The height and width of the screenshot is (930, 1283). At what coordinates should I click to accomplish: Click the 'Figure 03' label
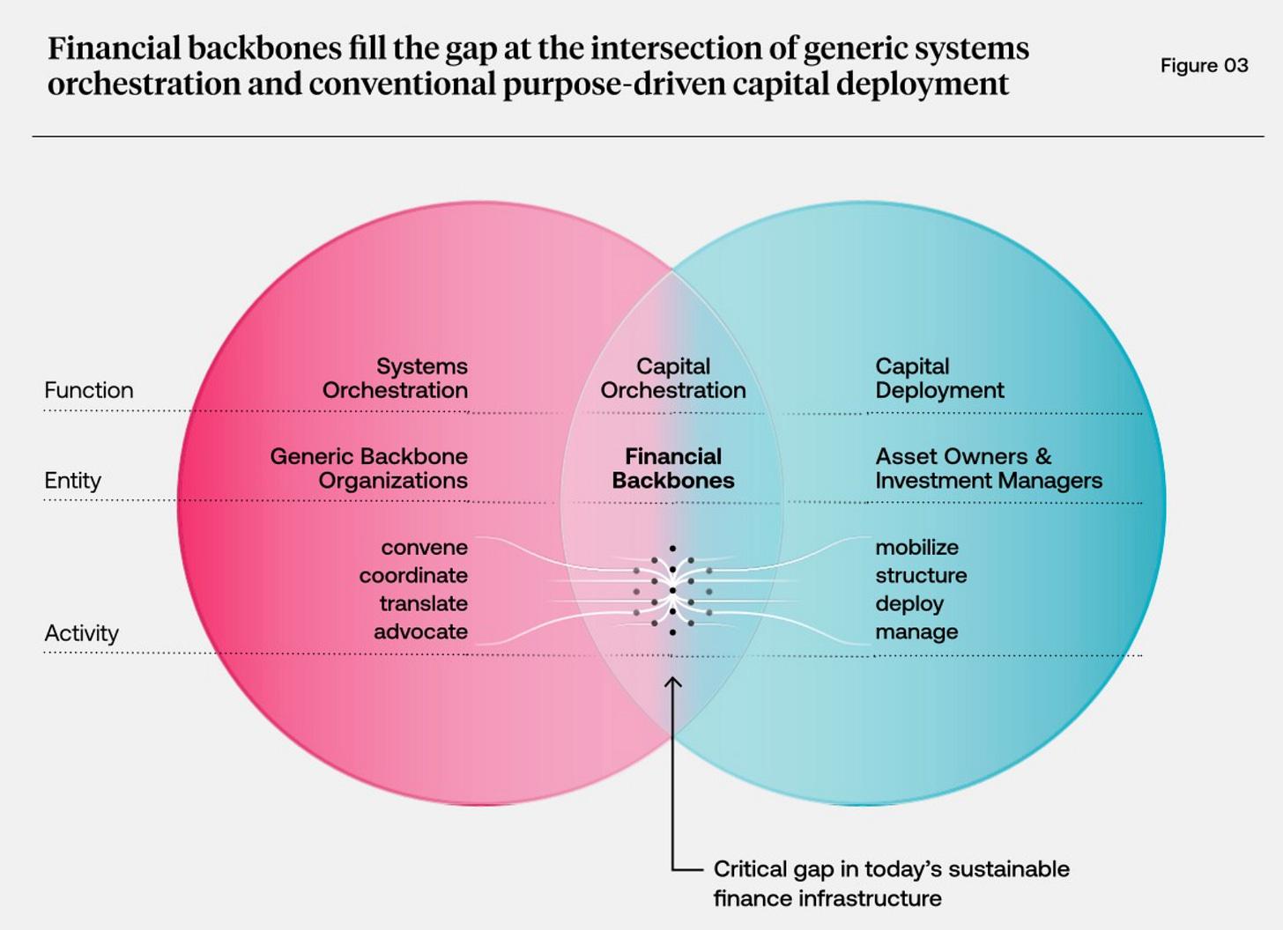point(1204,66)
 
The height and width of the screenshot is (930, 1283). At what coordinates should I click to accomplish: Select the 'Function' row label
point(89,390)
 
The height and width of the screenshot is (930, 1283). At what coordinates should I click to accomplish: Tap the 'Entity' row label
point(73,481)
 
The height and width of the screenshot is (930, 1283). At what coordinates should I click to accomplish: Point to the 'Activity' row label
point(82,633)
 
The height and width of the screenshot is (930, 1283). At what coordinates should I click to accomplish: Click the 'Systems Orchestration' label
point(396,379)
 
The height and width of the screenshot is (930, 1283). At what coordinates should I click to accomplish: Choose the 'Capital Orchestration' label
point(673,379)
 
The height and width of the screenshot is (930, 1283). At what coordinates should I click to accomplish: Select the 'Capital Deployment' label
point(939,379)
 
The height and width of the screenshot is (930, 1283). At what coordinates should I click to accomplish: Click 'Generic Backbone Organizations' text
point(369,469)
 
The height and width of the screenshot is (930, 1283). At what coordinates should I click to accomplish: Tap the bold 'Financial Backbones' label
point(673,469)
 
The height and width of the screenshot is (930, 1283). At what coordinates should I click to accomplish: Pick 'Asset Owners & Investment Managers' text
point(989,469)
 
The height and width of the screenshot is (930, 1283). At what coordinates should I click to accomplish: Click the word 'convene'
point(424,548)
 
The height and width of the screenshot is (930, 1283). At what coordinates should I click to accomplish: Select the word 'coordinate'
point(413,576)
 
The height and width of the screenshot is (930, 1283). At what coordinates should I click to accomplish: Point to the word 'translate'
point(423,604)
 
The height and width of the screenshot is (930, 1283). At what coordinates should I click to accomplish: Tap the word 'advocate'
point(420,632)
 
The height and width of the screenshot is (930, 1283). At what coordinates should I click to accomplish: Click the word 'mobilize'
point(916,548)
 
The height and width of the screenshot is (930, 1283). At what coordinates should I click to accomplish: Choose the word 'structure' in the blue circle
point(921,576)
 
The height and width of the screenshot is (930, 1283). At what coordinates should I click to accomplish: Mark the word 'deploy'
point(909,604)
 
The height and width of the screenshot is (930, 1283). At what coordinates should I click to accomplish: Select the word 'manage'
point(916,632)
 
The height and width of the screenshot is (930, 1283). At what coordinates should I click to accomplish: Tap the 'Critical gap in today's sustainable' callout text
point(891,869)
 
